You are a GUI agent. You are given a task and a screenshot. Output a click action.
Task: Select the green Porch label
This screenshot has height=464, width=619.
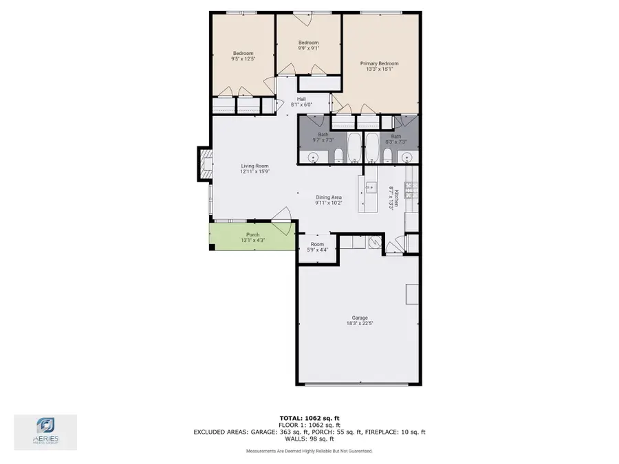pyautogui.click(x=252, y=234)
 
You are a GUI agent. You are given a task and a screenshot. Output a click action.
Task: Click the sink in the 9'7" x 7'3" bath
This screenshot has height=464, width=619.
pyautogui.click(x=312, y=158)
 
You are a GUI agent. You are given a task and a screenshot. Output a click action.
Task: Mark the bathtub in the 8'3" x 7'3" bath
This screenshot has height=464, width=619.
pyautogui.click(x=371, y=147)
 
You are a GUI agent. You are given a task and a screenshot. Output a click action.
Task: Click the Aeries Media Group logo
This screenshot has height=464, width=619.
pyautogui.click(x=45, y=432)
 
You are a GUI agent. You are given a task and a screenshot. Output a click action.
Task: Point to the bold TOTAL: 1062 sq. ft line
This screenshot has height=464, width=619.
pyautogui.click(x=309, y=418)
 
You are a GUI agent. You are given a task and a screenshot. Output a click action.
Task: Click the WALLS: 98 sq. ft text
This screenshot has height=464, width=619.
pyautogui.click(x=309, y=438)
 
